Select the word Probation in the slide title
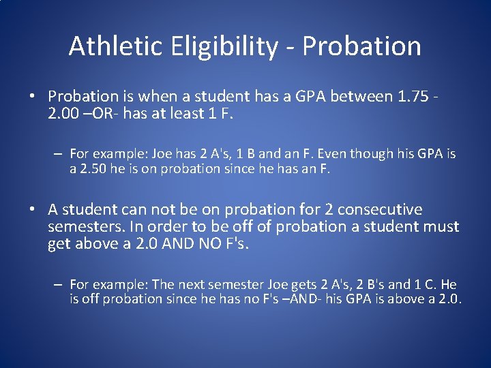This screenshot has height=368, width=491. point(361,46)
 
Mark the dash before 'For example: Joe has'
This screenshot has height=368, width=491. point(59,155)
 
